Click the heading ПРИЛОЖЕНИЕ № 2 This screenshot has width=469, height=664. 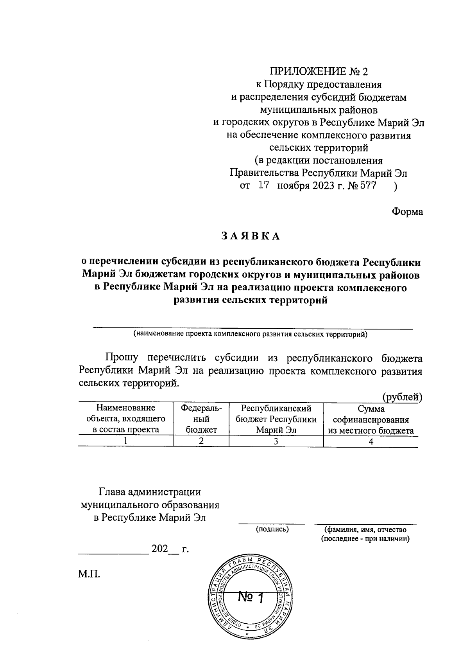pos(319,72)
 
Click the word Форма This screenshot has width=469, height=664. pos(407,212)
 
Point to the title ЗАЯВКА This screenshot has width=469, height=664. pos(251,236)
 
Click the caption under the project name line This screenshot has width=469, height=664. pos(250,334)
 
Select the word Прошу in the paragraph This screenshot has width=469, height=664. pos(121,358)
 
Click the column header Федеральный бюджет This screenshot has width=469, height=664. pos(201,419)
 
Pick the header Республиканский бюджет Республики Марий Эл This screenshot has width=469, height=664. pos(276,419)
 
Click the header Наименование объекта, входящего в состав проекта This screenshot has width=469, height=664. pos(125,419)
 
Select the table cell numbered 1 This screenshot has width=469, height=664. pos(125,441)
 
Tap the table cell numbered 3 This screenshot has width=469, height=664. pos(276,441)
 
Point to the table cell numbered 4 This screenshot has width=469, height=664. pos(371,441)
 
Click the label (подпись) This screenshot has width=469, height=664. pos(272,529)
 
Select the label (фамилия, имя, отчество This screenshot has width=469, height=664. pos(365,529)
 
